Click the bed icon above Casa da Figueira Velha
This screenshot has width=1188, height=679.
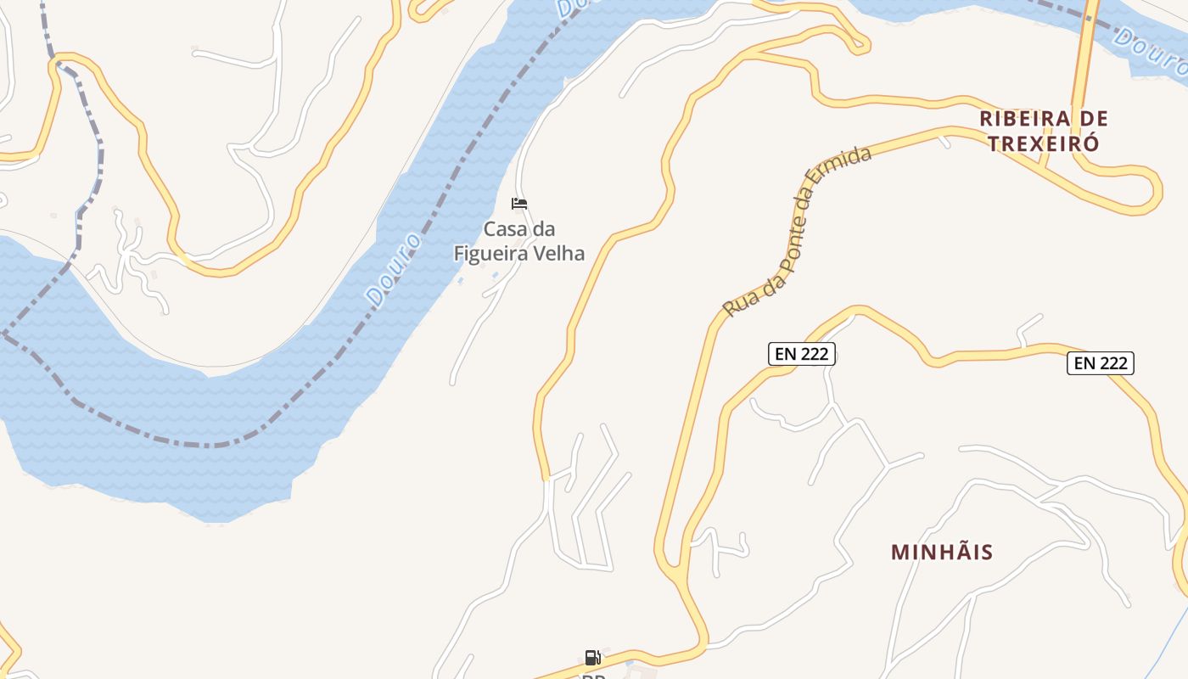pos(519,204)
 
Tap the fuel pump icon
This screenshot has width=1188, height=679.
pos(592,657)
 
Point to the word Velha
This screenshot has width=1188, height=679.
pos(563,253)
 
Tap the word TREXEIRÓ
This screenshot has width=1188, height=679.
pos(1043,143)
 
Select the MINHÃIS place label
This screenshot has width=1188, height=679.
pos(942,552)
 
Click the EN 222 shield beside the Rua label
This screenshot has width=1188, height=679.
pos(802,354)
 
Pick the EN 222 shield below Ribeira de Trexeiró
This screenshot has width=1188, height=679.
pos(1100,363)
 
